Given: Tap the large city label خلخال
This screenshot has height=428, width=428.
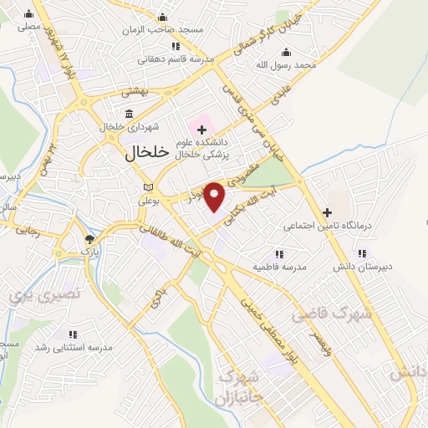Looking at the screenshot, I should tap(147, 153).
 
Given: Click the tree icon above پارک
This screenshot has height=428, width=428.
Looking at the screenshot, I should tap(90, 240).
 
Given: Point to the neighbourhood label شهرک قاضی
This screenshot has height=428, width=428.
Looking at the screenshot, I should tap(329, 314).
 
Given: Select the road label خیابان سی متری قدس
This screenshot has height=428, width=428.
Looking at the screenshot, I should tap(243, 125).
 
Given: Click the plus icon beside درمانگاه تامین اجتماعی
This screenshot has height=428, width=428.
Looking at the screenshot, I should tap(327, 212).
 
